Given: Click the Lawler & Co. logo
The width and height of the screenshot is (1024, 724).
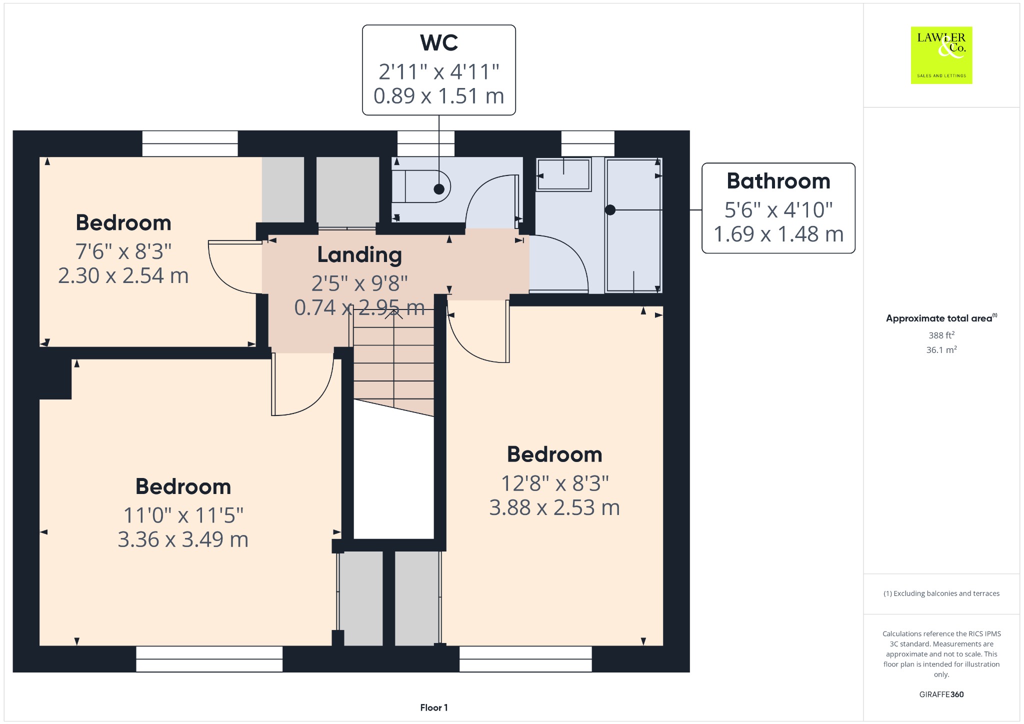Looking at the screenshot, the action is [941, 55].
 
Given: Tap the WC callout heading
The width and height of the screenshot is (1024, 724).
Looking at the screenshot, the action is [439, 43].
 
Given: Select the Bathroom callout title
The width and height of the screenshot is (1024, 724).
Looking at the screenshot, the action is [778, 181].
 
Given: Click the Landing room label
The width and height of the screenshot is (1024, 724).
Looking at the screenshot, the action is [359, 255].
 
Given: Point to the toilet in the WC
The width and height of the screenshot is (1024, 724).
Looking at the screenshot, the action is [421, 186].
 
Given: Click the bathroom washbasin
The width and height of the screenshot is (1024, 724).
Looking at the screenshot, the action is [563, 174].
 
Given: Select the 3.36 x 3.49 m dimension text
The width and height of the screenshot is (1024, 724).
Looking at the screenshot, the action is [183, 539].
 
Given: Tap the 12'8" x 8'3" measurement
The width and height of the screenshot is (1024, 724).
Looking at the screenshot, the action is [555, 483].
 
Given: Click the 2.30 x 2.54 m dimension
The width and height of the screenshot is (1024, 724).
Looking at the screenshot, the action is [123, 276].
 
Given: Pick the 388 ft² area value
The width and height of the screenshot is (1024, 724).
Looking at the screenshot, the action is [941, 335].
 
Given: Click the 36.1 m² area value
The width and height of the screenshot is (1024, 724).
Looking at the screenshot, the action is [941, 350].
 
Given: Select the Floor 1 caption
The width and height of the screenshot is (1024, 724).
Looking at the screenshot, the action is [434, 707].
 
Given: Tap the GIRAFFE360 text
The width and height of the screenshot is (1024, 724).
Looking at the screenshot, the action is [941, 694].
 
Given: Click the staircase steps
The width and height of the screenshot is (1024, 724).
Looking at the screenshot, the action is [394, 362].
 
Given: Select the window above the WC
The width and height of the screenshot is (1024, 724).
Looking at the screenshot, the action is [426, 143].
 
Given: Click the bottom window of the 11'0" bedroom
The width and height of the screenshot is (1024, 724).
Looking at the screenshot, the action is [209, 659].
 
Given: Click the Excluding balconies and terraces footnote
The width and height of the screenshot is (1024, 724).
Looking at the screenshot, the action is [941, 593].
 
